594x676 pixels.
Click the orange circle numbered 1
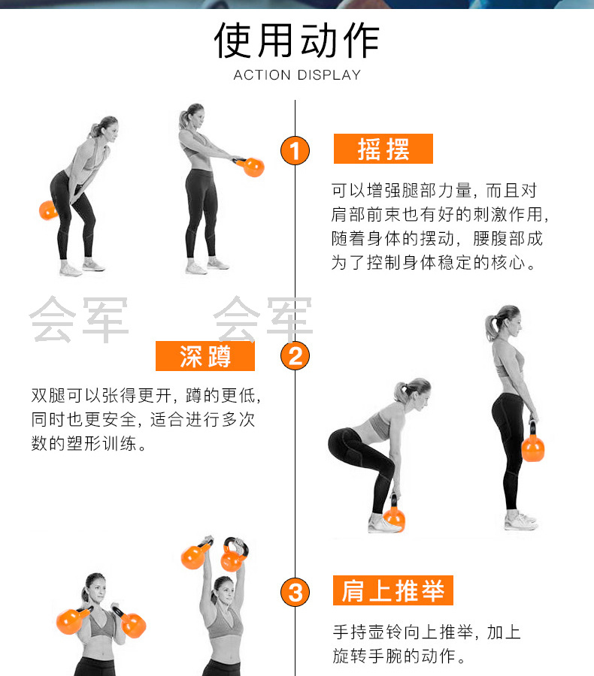click(x=295, y=150)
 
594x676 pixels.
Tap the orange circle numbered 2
click(x=295, y=356)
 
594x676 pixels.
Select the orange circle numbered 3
click(x=295, y=592)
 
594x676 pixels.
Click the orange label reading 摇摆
click(x=383, y=149)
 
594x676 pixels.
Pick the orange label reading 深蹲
click(x=205, y=356)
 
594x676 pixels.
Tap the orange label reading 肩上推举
click(x=392, y=590)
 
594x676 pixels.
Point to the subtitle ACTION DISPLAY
click(x=297, y=75)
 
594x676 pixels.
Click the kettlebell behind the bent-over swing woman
click(x=48, y=210)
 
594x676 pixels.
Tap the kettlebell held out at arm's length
click(x=251, y=167)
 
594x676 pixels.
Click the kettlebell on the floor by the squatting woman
click(x=394, y=515)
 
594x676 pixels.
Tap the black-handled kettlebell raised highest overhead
click(x=235, y=554)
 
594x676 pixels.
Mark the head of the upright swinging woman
click(x=193, y=116)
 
